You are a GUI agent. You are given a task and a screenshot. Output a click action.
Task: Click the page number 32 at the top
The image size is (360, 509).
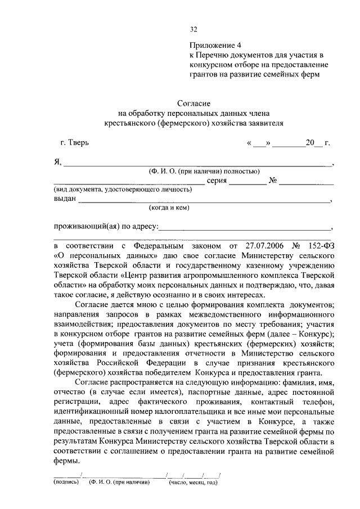(193, 29)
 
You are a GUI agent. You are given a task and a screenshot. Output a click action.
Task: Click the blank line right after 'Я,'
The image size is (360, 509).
(197, 164)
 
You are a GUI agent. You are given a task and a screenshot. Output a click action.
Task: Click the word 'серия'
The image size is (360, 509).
(217, 181)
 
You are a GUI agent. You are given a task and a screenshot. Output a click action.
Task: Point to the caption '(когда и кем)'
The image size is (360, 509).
(169, 208)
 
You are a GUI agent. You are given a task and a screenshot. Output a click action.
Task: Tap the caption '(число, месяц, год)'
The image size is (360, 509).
(193, 482)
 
